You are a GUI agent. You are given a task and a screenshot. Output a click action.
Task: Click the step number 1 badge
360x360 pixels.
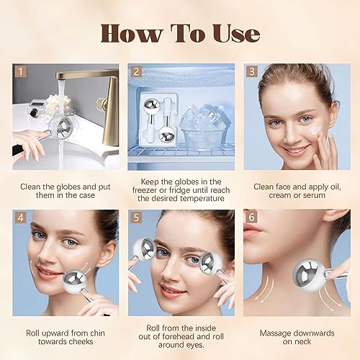[20, 71]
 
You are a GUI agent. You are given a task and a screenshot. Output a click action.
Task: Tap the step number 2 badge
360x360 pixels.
[137, 71]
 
